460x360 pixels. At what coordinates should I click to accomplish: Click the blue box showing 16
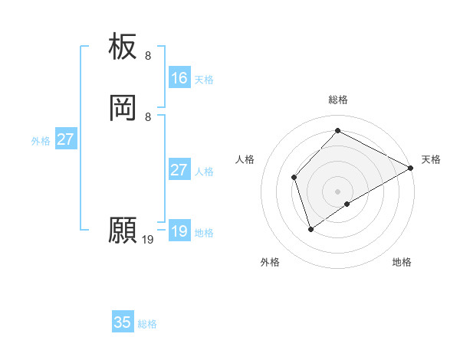[179, 78]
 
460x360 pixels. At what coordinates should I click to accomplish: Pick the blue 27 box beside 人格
[179, 170]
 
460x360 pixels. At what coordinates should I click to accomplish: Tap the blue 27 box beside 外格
[66, 139]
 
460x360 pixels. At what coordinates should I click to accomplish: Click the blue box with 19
[179, 231]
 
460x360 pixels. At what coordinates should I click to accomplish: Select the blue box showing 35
[123, 322]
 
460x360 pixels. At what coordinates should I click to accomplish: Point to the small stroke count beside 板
[148, 56]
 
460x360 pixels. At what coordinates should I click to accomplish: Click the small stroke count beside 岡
[148, 116]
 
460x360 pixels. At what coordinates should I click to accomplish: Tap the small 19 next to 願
[148, 240]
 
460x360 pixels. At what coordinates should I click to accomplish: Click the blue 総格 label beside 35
[147, 324]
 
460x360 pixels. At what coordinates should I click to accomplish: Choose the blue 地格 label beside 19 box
[204, 233]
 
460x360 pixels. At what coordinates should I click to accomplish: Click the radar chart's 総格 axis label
[337, 100]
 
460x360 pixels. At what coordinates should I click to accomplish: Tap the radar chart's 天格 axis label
[431, 159]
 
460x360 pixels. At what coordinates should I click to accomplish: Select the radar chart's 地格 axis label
[402, 262]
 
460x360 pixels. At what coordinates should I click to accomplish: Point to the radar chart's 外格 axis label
[270, 262]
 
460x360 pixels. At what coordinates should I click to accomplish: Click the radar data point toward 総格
[337, 131]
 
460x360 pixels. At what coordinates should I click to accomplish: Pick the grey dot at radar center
[337, 191]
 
